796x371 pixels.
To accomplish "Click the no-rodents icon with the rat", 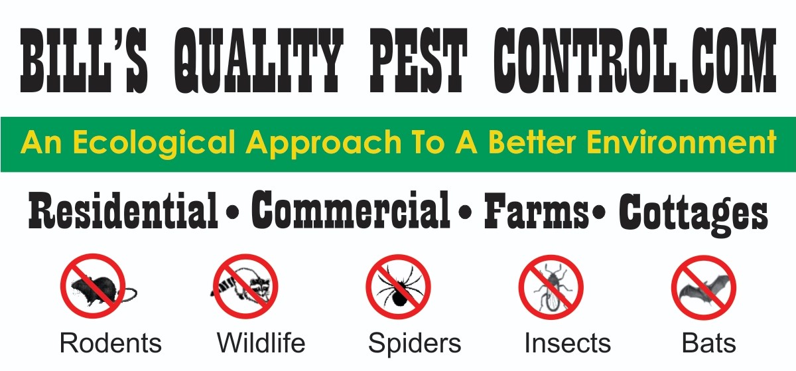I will [94, 287].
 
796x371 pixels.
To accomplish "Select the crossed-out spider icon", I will [398, 287].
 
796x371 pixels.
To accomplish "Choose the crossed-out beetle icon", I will [551, 287].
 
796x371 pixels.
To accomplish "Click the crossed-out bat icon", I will [703, 287].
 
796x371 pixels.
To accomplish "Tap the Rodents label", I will [111, 343].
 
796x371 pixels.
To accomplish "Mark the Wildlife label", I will [261, 343].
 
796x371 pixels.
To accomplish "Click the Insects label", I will [567, 343].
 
